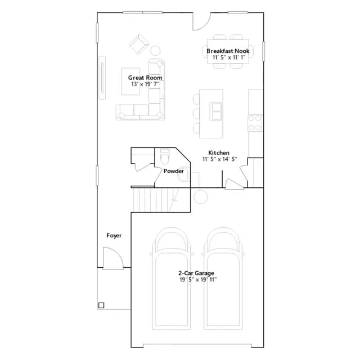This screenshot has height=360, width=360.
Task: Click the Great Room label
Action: click(145, 78)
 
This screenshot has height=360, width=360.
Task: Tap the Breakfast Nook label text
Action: click(228, 51)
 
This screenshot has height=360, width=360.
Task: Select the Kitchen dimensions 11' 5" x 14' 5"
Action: click(219, 159)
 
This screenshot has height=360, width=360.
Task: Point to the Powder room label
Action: click(174, 171)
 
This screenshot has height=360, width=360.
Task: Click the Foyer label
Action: click(114, 236)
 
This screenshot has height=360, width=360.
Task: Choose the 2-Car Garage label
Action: click(196, 273)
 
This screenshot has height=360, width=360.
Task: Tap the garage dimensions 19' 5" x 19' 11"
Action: click(198, 280)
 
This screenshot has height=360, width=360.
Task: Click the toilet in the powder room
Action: click(165, 156)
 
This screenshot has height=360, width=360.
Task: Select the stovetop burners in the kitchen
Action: click(255, 123)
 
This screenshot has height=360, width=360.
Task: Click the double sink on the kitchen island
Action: click(216, 111)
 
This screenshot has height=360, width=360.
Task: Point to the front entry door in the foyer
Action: click(113, 258)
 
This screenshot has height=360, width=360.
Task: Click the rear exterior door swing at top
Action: click(201, 21)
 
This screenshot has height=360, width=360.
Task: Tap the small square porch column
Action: click(101, 305)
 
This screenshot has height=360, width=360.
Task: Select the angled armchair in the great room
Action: click(139, 44)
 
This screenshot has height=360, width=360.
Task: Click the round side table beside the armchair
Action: click(155, 51)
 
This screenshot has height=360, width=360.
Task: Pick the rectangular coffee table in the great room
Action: click(130, 81)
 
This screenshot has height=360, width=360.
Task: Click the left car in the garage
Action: click(171, 278)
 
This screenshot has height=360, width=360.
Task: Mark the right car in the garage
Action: click(223, 278)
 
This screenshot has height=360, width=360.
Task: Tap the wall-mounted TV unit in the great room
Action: click(102, 78)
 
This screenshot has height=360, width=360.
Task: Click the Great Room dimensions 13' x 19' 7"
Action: click(145, 84)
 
